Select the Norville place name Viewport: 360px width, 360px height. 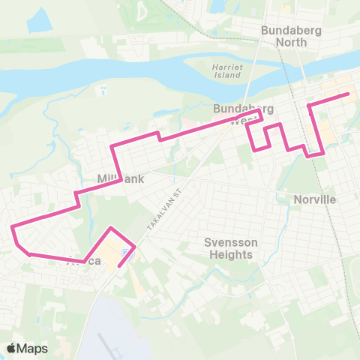click(315, 199)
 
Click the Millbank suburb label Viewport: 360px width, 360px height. click(120, 179)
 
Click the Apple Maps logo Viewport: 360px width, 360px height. click(27, 348)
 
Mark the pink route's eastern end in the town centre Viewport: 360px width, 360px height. click(349, 94)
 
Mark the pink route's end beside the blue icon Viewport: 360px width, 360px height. click(119, 265)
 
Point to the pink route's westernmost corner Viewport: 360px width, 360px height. click(10, 226)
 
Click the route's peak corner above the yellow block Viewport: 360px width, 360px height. click(111, 227)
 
